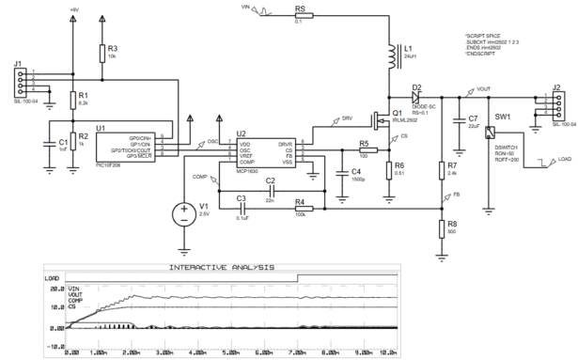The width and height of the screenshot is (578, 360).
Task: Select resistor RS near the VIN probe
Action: (300, 16)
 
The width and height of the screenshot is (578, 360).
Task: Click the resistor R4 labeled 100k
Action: (300, 202)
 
